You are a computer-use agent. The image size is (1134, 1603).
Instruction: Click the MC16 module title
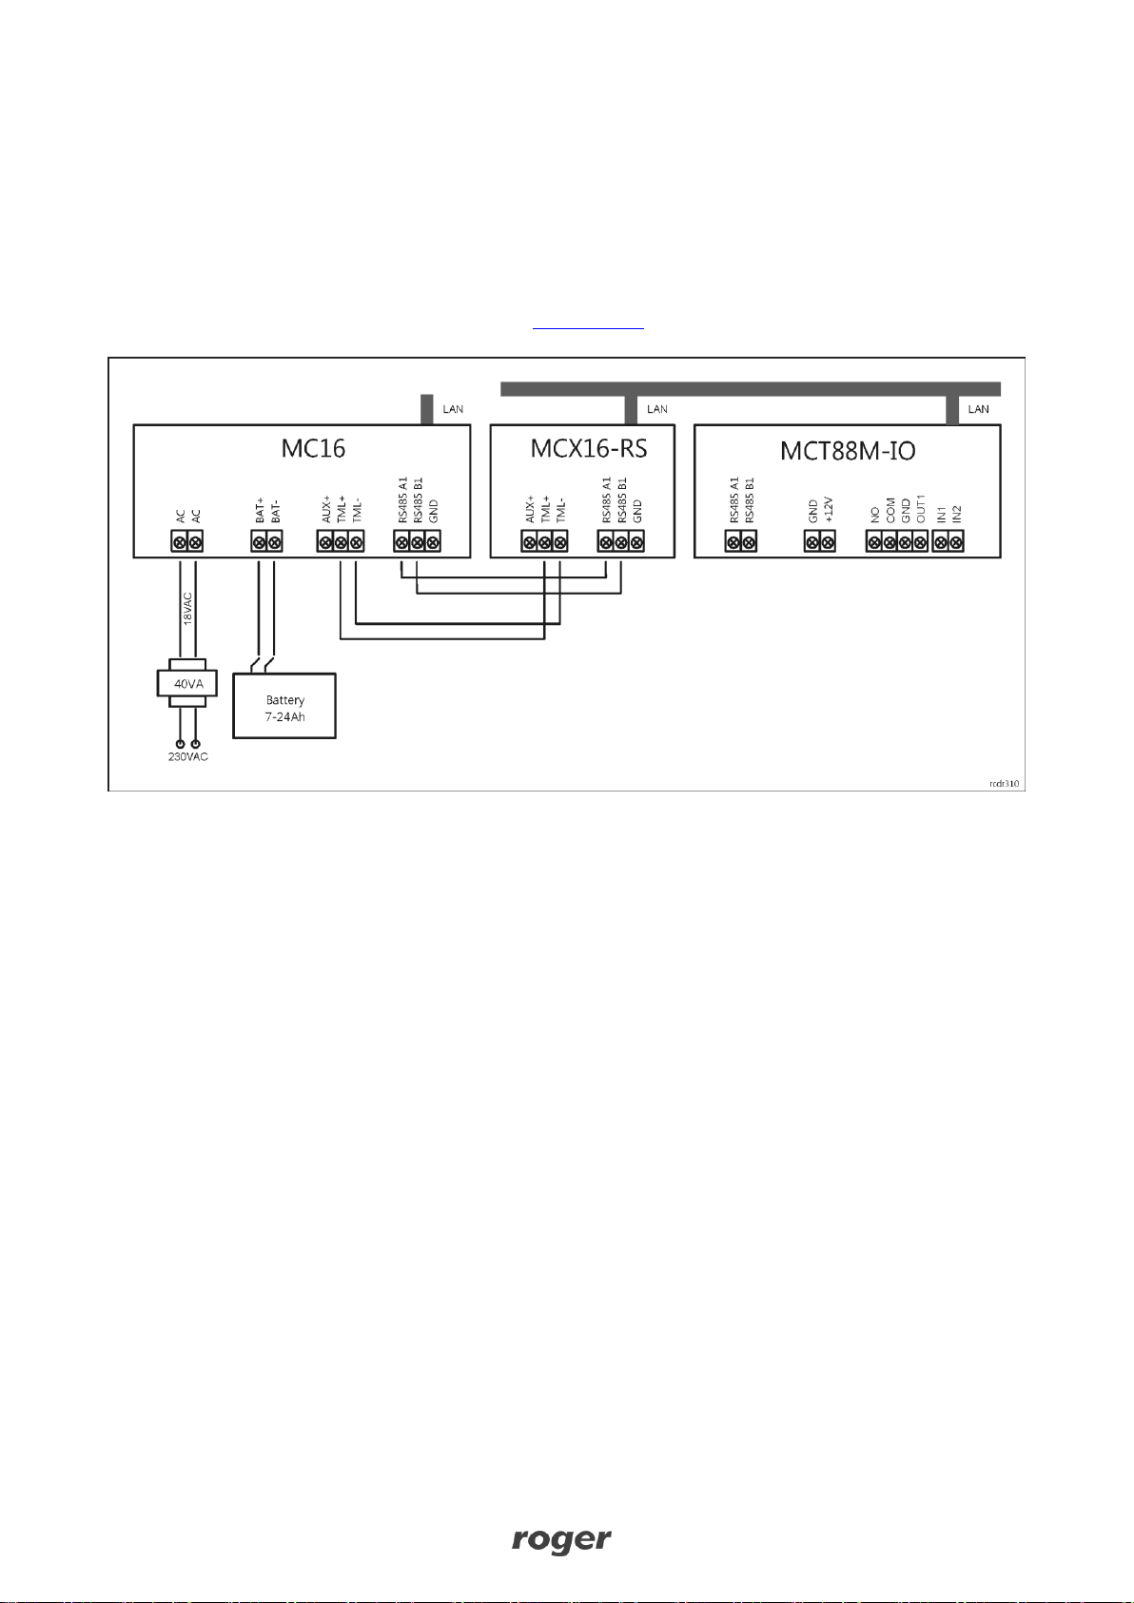(313, 448)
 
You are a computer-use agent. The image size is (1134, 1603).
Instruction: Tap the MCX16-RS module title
(589, 448)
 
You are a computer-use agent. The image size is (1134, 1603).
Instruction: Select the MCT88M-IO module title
(848, 450)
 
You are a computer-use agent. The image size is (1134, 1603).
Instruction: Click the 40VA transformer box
(187, 684)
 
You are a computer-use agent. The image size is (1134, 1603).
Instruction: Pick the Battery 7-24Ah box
(284, 707)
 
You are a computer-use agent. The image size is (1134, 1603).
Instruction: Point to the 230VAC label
(188, 757)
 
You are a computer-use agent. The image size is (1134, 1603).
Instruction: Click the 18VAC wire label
(187, 608)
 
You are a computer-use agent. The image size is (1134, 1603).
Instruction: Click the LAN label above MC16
(453, 409)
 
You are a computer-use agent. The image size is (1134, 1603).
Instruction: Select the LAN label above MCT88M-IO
(978, 409)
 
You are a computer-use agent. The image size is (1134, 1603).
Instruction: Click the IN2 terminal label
(957, 513)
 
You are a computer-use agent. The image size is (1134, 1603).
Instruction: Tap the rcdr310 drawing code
(1004, 784)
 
